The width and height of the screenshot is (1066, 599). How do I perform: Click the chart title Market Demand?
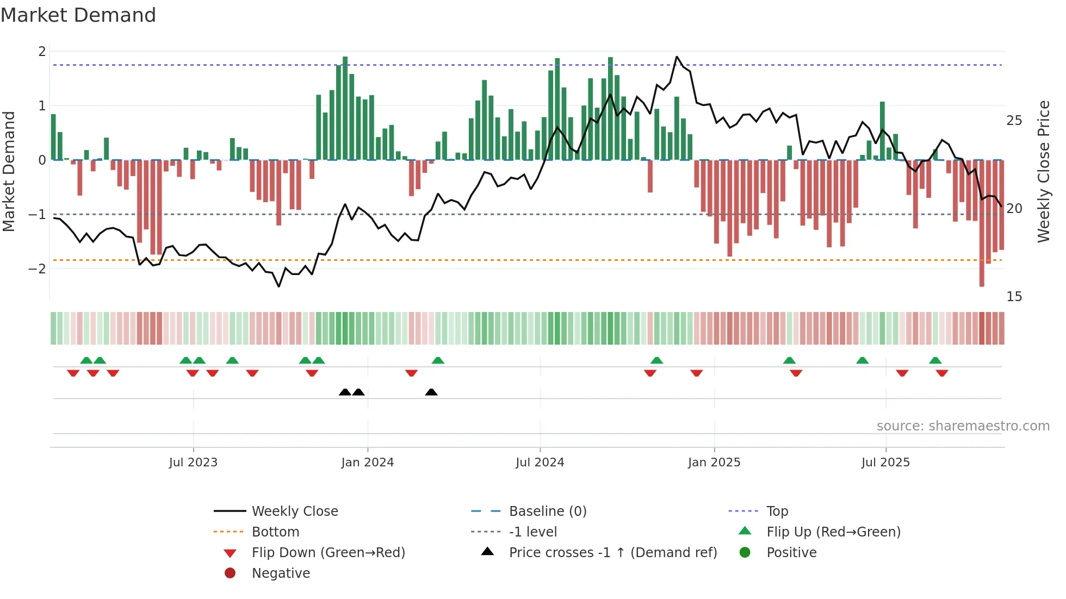78,15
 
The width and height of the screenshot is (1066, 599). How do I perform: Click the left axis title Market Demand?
9,171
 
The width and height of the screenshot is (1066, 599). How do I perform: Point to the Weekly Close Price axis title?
1043,171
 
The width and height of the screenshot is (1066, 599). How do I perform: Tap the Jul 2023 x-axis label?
193,463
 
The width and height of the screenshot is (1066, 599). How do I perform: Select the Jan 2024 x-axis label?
367,463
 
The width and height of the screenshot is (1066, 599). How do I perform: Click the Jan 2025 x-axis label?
714,463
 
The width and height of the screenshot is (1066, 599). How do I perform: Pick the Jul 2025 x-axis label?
885,463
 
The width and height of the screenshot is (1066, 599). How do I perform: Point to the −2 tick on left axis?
37,269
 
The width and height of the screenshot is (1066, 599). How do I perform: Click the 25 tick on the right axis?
1014,120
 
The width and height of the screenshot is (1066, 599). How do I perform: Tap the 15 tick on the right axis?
1014,297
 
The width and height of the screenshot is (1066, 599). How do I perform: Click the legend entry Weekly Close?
294,511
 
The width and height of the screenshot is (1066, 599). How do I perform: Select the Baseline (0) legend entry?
547,511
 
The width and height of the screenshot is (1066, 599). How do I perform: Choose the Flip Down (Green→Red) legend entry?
328,553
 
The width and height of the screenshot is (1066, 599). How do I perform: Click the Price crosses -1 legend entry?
612,553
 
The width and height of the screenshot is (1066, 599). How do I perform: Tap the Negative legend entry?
281,573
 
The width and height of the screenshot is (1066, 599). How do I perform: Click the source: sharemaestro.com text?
963,426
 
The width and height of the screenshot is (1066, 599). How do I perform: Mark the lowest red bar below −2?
982,283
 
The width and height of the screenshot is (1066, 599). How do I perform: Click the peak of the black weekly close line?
677,57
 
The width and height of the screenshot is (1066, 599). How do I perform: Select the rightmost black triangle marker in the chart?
431,392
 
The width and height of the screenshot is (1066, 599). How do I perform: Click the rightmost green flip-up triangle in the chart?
935,360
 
